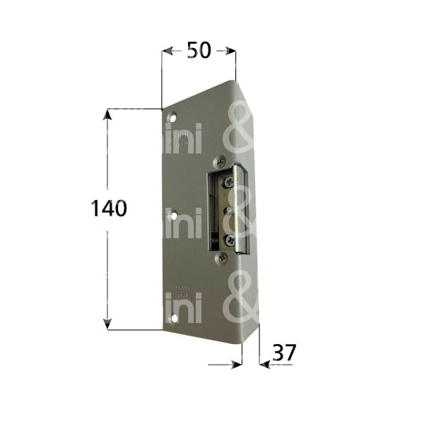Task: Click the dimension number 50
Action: click(199, 51)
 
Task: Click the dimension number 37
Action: click(283, 351)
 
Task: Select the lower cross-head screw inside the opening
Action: click(228, 240)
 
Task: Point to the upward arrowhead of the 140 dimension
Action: click(107, 114)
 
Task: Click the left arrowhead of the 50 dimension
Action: click(167, 51)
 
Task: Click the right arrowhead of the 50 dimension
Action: click(229, 51)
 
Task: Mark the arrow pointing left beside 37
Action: click(264, 365)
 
